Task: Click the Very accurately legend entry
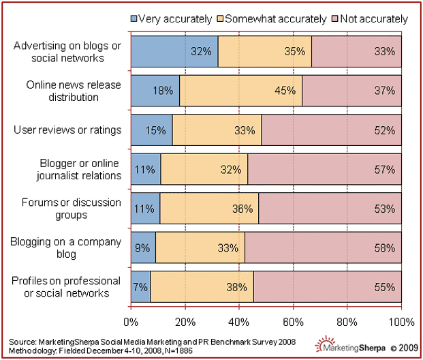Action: tap(174, 19)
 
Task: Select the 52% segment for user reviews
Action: tap(331, 130)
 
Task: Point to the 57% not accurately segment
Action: tap(324, 168)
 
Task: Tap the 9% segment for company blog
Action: tap(143, 247)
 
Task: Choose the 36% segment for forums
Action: tap(209, 208)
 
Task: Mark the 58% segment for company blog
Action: tap(323, 247)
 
